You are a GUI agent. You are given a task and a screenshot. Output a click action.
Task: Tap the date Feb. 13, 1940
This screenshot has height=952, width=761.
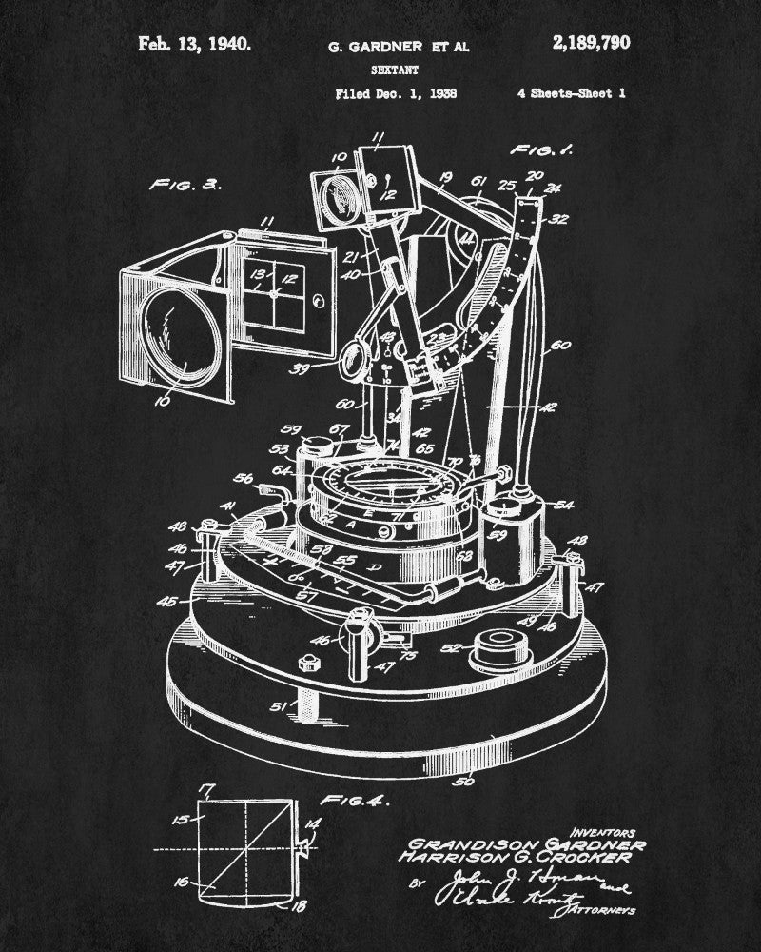[x=194, y=43]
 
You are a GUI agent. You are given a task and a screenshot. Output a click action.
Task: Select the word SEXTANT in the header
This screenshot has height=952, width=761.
[x=385, y=69]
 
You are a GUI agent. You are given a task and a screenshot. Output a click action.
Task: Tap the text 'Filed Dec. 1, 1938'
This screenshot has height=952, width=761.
[x=396, y=93]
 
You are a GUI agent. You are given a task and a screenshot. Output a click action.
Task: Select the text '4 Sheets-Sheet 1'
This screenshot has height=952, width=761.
[x=571, y=93]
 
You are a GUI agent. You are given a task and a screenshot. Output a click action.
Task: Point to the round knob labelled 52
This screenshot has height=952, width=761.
[x=496, y=650]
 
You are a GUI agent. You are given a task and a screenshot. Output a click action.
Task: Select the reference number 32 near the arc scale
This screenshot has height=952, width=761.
[x=558, y=218]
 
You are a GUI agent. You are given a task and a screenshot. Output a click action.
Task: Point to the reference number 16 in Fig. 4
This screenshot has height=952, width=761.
[x=184, y=882]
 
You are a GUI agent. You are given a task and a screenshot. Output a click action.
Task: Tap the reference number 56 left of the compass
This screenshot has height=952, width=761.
[x=244, y=479]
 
